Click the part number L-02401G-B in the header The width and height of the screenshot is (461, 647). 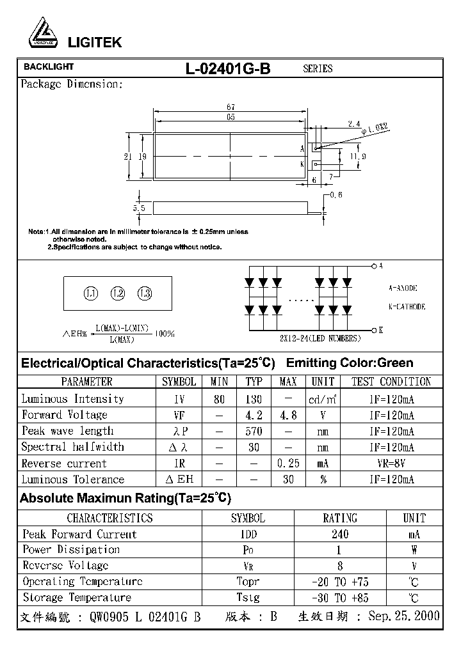(x=228, y=68)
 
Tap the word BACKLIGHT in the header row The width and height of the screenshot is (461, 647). (x=49, y=66)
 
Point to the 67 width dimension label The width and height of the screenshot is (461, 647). (x=230, y=107)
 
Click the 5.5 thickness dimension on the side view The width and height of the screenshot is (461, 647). (x=140, y=208)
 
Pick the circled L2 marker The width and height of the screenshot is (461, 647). (x=118, y=293)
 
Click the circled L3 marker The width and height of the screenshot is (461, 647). (x=145, y=293)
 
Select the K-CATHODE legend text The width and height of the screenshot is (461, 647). (x=407, y=306)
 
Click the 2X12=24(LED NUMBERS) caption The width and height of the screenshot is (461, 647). (x=320, y=338)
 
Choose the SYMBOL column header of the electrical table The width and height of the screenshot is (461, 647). (x=179, y=382)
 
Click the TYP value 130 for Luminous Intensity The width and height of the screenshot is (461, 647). (x=254, y=399)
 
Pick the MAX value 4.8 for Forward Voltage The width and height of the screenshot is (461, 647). (x=288, y=415)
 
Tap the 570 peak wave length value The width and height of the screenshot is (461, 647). (x=254, y=431)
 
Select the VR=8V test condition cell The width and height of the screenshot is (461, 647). (x=391, y=464)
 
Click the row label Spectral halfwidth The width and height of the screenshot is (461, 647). (x=72, y=447)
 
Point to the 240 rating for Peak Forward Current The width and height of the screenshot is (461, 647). (x=339, y=534)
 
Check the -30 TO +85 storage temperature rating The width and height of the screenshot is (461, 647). (x=339, y=598)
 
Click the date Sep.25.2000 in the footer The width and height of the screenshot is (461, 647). (x=403, y=616)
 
